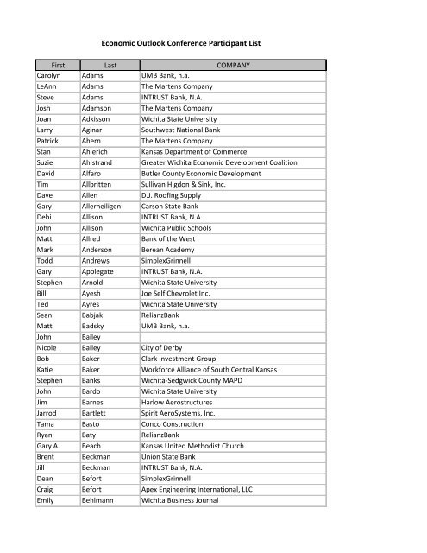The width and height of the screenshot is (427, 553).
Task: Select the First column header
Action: [x=49, y=64]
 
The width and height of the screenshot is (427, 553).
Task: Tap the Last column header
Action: [x=110, y=64]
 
